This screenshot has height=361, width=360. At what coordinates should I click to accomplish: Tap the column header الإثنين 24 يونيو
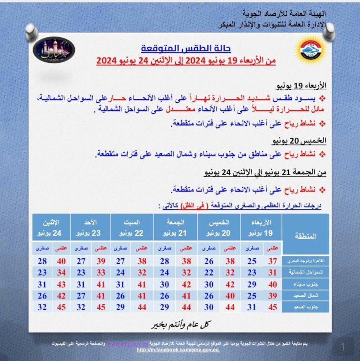point(51,228)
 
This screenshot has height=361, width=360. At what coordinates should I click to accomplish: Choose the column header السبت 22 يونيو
point(132,228)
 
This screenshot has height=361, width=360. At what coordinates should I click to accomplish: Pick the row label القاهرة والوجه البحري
point(306,261)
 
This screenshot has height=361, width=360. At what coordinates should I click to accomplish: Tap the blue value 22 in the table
point(209,272)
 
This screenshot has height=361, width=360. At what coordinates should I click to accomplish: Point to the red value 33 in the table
point(101,272)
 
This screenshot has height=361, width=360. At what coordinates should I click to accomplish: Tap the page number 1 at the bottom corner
point(343,346)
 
